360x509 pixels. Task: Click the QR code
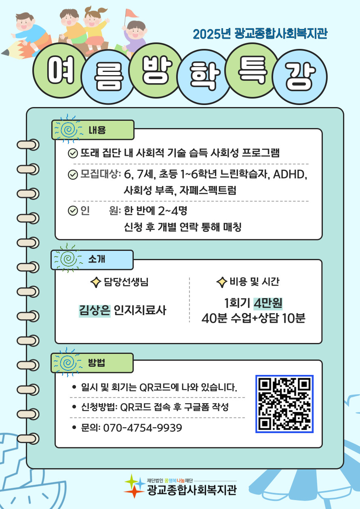(284, 404)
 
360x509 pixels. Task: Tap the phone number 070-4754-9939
(143, 428)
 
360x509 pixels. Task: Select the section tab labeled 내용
(93, 130)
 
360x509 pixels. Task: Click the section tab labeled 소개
(92, 260)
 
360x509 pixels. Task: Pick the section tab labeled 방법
(92, 363)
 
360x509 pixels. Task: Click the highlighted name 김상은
(95, 310)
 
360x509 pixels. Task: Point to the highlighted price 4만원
(268, 303)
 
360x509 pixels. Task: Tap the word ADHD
(290, 175)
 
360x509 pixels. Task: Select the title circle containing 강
(300, 77)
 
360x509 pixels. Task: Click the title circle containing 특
(252, 70)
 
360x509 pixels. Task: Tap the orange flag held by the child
(131, 13)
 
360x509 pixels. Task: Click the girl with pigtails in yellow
(95, 29)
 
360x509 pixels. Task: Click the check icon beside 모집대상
(73, 175)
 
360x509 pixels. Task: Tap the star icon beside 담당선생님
(96, 282)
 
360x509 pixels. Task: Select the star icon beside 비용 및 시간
(222, 282)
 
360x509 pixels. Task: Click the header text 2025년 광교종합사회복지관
(260, 34)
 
